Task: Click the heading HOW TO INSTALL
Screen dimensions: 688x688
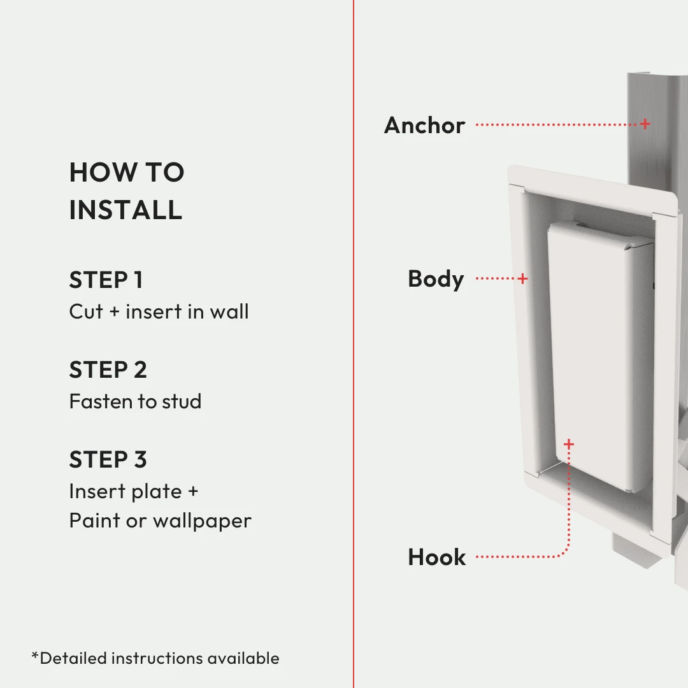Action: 126,190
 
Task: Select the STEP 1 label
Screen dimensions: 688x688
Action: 106,280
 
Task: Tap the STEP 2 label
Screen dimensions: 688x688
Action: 108,370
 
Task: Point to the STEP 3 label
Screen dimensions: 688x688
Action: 108,459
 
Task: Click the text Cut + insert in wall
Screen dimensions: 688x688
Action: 159,312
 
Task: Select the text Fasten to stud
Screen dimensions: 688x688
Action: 135,401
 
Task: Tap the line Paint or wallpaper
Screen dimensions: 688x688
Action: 160,520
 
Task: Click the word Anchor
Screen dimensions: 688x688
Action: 424,125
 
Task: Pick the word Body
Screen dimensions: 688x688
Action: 436,279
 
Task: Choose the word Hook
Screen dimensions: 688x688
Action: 437,557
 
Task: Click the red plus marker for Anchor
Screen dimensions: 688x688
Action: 645,124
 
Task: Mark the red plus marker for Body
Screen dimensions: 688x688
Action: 523,278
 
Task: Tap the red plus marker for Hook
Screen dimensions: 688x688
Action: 569,443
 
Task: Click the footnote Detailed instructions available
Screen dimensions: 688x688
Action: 159,658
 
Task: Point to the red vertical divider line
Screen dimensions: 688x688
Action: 354,344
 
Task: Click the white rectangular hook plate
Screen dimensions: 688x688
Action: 599,357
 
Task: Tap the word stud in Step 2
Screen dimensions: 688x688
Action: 182,401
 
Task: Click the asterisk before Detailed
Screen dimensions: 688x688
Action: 35,656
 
